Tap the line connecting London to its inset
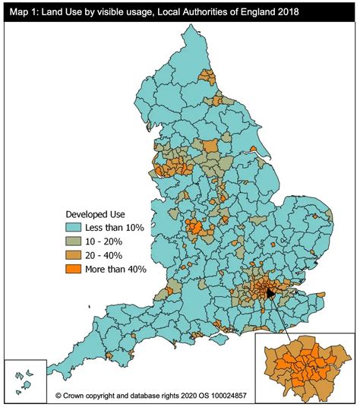click(x=279, y=313)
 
